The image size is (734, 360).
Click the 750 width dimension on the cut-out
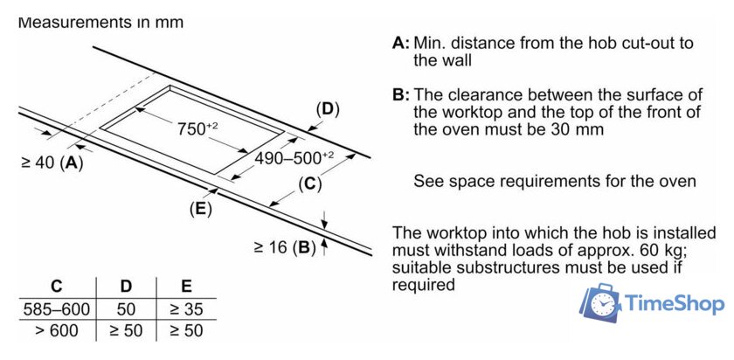click(x=196, y=128)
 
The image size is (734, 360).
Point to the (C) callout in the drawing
click(x=309, y=183)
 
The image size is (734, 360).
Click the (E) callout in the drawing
click(x=200, y=209)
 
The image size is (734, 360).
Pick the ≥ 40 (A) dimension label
click(x=52, y=163)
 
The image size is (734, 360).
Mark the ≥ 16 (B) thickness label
click(x=284, y=247)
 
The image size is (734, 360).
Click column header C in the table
click(x=56, y=287)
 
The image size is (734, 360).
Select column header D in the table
click(x=125, y=287)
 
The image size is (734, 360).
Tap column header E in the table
click(x=185, y=287)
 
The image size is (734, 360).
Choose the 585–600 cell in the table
click(x=56, y=309)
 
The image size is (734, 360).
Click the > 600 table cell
click(x=56, y=331)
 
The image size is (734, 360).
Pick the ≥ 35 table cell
click(x=185, y=309)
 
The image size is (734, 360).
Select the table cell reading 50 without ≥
click(x=125, y=309)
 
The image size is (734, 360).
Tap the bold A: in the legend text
click(x=401, y=43)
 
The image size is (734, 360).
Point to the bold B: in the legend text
click(x=401, y=94)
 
